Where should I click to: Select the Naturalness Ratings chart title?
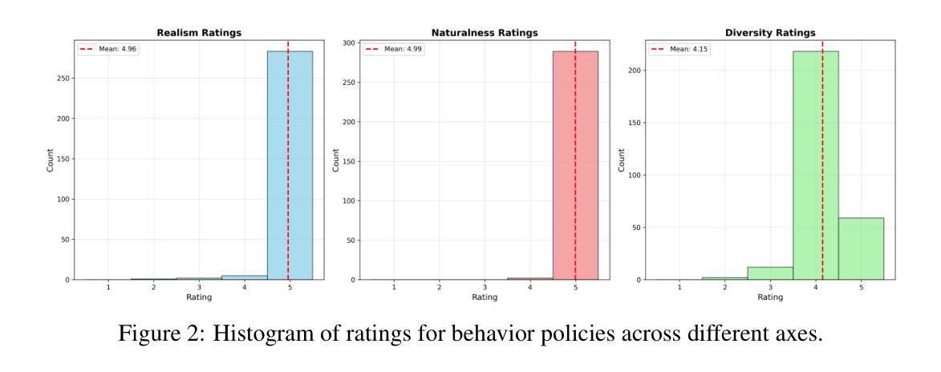[485, 33]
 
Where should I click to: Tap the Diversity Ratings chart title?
[769, 33]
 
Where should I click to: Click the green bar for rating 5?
[861, 249]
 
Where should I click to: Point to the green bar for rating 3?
[770, 273]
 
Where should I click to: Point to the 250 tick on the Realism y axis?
[63, 79]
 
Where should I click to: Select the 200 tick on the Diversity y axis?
[634, 71]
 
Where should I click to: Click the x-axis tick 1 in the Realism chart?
[108, 287]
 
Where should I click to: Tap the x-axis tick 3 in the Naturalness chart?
[485, 287]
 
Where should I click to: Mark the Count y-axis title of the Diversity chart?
[622, 160]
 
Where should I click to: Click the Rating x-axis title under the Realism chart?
[199, 297]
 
